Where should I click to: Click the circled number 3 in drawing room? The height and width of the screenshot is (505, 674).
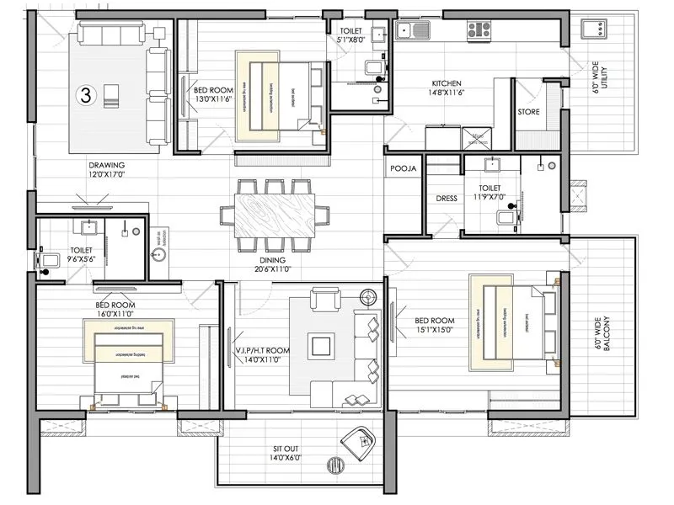click(x=85, y=95)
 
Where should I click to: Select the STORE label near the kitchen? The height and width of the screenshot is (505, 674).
click(x=528, y=111)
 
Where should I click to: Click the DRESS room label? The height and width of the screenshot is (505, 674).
click(x=447, y=199)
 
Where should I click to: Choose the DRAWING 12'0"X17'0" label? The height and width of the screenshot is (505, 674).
click(x=107, y=170)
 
